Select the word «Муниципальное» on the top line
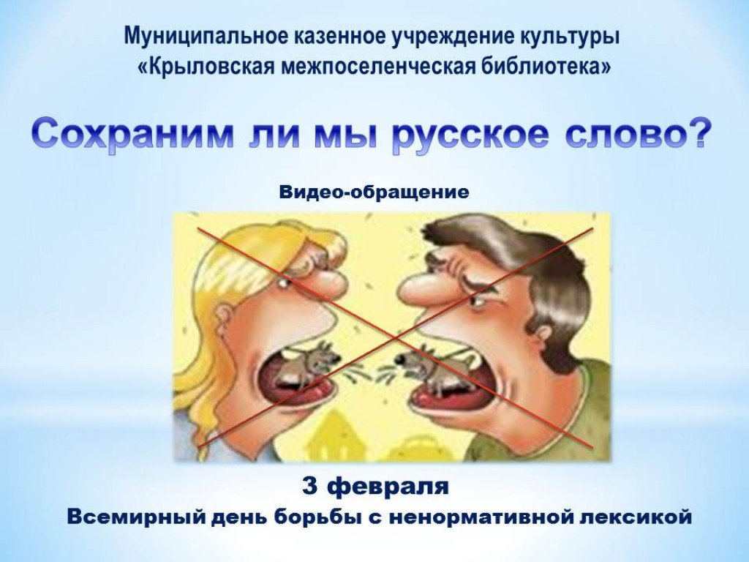pos(204,37)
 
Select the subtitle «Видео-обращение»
pos(374,192)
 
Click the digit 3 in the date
pos(310,487)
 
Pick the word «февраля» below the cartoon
pos(390,487)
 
